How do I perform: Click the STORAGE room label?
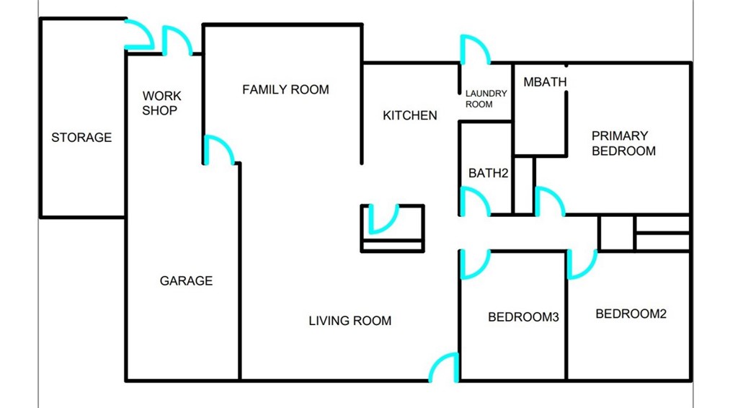coord(81,138)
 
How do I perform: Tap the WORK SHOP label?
coord(161,103)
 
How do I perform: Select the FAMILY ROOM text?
coord(285,89)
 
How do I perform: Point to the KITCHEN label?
coord(410,115)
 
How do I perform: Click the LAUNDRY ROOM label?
coord(486,99)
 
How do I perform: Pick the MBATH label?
coord(545,82)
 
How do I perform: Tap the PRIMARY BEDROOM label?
coord(623,143)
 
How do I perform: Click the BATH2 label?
coord(488,174)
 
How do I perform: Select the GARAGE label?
coord(187,281)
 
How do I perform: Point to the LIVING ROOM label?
coord(350,321)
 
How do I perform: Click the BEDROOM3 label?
coord(523,317)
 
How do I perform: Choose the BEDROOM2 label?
coord(631,314)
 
